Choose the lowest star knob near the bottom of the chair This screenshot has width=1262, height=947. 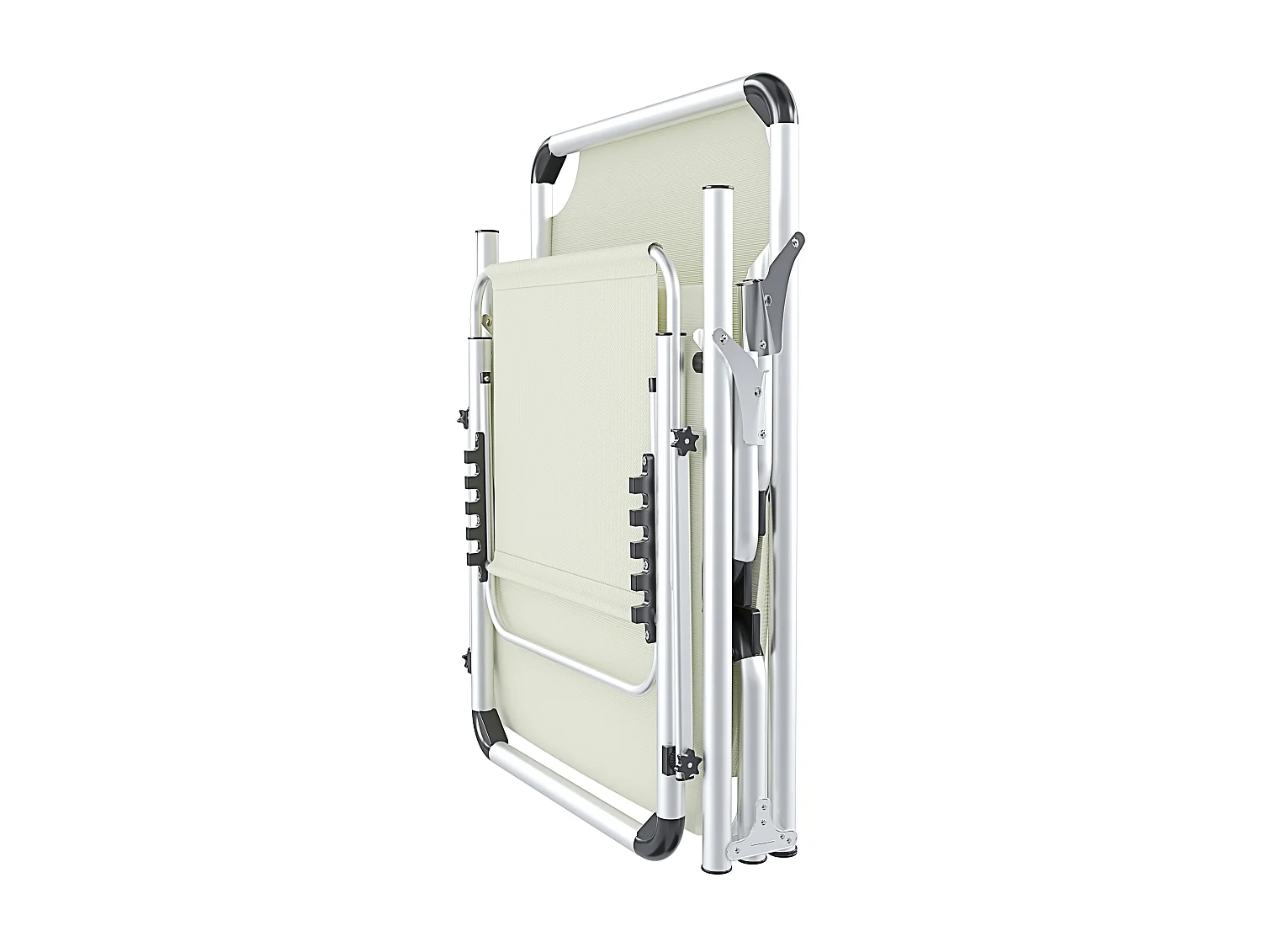(x=689, y=763)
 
